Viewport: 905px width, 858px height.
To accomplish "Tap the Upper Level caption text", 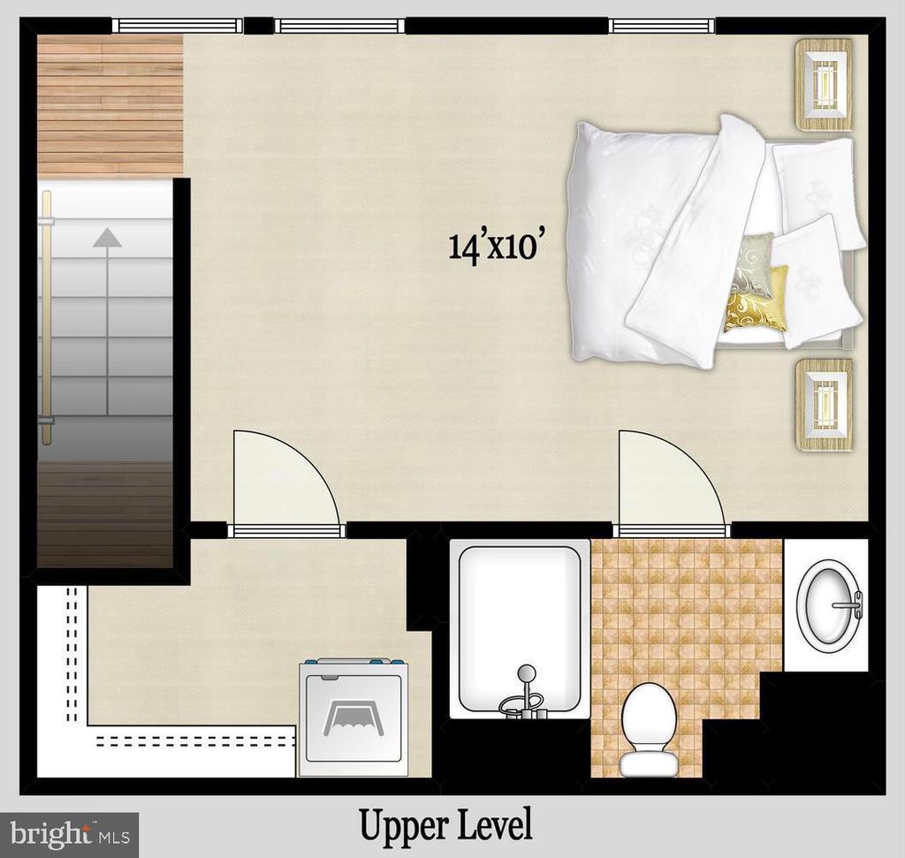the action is pos(445,825).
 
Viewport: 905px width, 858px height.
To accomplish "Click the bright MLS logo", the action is pos(69,835).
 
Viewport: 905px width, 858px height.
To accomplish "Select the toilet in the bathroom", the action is pos(649,730).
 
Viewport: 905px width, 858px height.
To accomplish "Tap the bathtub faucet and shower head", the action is pos(523,695).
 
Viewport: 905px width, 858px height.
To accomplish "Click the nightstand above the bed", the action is pos(825,84).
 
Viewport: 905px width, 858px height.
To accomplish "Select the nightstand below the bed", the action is pos(825,405).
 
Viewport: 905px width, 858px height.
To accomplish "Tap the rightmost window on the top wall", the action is pos(662,26).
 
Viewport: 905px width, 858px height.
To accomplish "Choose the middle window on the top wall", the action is pos(339,26).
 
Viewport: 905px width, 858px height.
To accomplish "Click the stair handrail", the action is pos(46,317).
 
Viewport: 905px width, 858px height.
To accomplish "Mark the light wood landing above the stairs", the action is pos(110,105).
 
